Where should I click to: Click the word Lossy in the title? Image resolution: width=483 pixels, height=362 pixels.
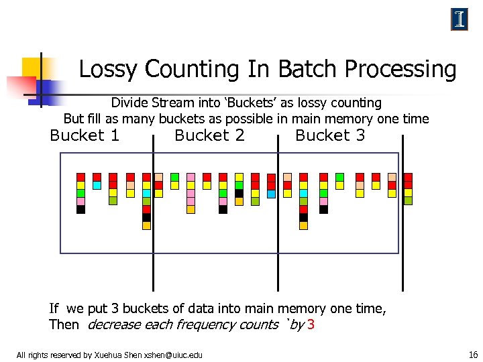click(x=108, y=70)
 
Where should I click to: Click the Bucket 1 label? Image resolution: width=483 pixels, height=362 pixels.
click(x=85, y=136)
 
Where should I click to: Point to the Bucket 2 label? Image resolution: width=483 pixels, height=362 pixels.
click(x=209, y=136)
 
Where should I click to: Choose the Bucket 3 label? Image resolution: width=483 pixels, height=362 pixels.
click(x=330, y=136)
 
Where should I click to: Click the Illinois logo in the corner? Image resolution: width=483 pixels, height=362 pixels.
click(x=459, y=19)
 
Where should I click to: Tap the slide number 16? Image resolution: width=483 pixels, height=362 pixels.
click(x=473, y=355)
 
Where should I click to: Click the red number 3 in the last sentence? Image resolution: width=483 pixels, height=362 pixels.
click(x=311, y=325)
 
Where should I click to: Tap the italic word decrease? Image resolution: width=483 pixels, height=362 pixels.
click(x=115, y=325)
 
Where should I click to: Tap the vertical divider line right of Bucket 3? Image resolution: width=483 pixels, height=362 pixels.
click(x=402, y=215)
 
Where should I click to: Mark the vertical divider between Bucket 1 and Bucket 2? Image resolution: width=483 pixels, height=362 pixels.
click(x=154, y=215)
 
